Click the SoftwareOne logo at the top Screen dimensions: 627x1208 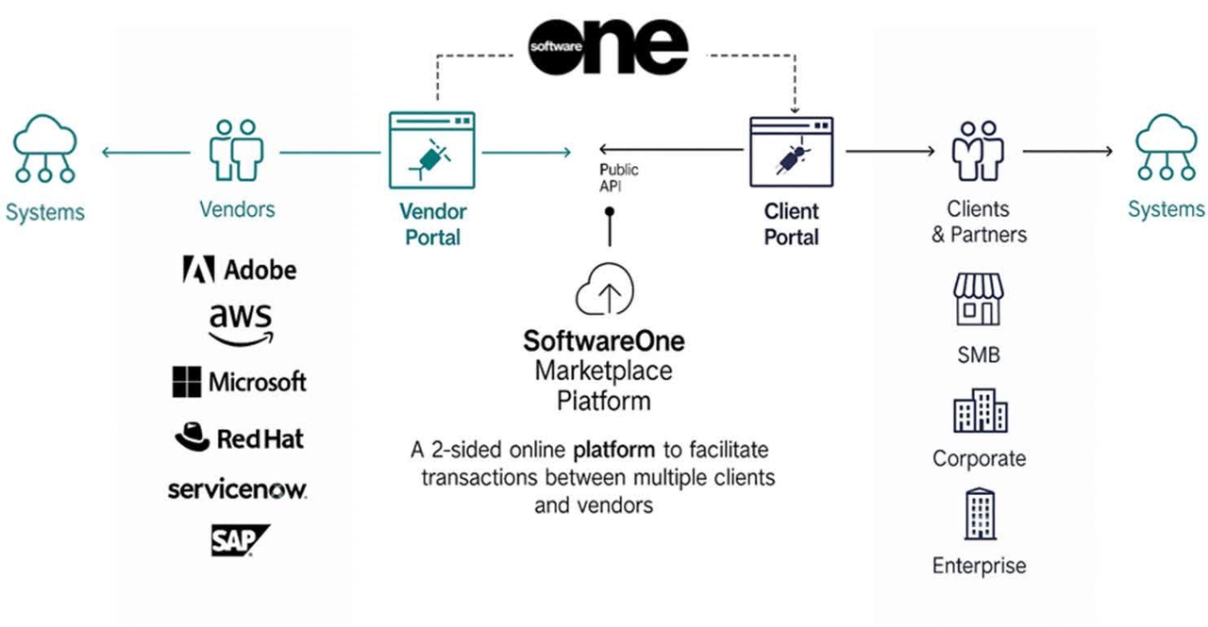607,44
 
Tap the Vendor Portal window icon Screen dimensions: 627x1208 431,151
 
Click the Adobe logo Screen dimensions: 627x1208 239,270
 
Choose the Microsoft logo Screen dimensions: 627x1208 239,382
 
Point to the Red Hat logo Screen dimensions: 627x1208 240,437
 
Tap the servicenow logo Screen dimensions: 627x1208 238,489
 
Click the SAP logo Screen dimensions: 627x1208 240,540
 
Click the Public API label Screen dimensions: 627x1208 619,177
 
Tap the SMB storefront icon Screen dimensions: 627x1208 978,300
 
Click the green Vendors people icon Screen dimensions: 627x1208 235,150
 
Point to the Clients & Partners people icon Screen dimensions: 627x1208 977,151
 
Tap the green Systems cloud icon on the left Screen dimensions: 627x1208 44,149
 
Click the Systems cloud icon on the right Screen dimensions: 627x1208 1166,148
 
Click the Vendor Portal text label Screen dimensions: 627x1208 432,224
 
